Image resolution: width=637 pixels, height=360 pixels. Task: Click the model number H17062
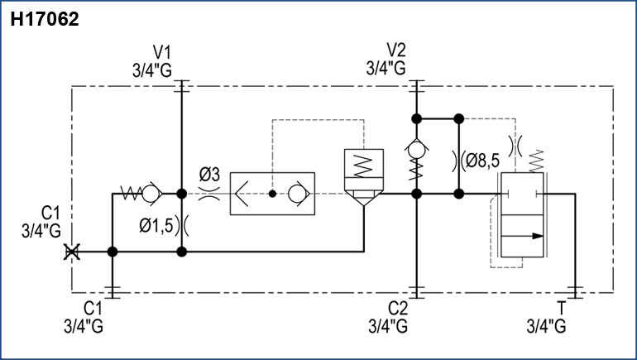click(x=45, y=20)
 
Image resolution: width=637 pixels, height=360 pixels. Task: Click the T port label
click(x=563, y=309)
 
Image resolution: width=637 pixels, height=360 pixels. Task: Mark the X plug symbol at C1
click(x=72, y=252)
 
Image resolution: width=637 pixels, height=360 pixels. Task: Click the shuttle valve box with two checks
click(x=272, y=194)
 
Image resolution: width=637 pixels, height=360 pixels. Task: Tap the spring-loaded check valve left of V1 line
click(x=141, y=194)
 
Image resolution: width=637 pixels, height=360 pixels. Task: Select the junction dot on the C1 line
click(x=113, y=252)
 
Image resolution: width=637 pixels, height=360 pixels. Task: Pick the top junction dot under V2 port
click(x=417, y=118)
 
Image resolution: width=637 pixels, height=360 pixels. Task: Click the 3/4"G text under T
click(x=547, y=325)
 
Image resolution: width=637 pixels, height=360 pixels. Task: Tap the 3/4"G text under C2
click(x=388, y=325)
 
